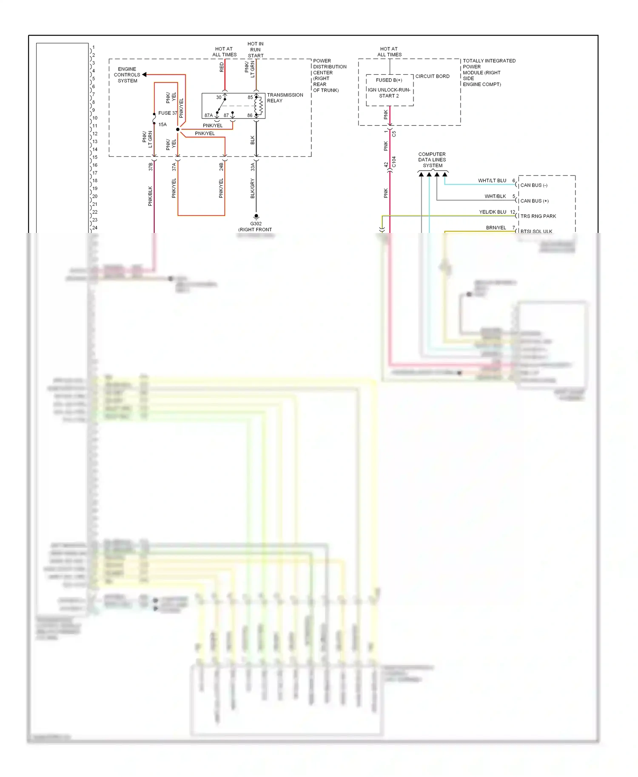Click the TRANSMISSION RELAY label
pos(285,98)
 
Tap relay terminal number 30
pos(219,97)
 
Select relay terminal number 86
pos(250,115)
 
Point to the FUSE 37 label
pos(168,113)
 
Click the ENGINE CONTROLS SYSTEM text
pos(127,75)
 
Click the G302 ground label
pos(256,224)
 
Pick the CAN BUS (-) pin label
pos(534,185)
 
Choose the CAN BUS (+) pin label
pos(534,201)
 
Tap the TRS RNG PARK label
pos(538,216)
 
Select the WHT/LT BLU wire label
pos(492,181)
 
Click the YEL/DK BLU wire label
pos(493,212)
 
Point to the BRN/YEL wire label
pos(496,228)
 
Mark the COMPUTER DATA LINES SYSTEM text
pos(432,160)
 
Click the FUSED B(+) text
pos(389,80)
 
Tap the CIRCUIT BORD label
pos(432,77)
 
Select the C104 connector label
pos(394,162)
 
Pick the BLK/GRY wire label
pos(253,188)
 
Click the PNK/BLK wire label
pos(150,196)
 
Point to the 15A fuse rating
pos(162,125)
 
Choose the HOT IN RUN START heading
pos(256,50)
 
